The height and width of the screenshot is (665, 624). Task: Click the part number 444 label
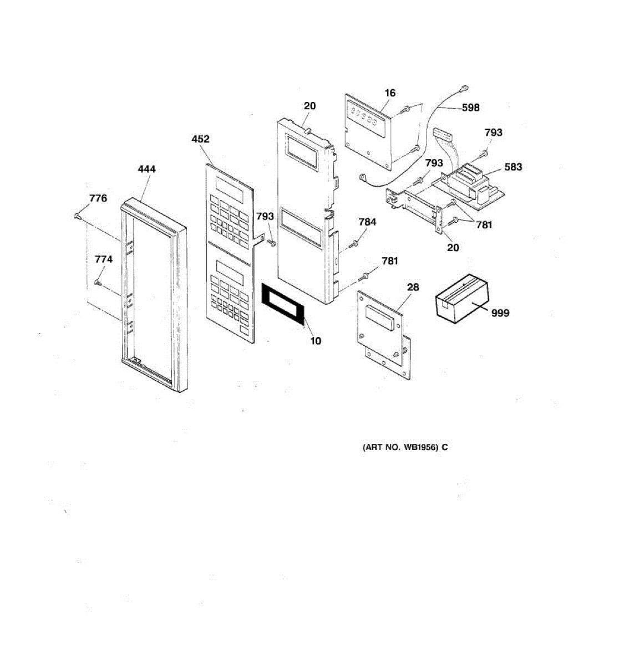[146, 169]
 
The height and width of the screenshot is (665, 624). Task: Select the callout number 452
[200, 139]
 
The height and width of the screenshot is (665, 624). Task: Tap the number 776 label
[98, 198]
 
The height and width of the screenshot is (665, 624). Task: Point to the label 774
[104, 259]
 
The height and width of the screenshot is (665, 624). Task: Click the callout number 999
[500, 313]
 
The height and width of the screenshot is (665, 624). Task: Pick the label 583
[513, 167]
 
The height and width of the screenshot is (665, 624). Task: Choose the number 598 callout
[470, 108]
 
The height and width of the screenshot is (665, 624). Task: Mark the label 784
[367, 222]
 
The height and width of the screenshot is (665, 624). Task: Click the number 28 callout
[413, 287]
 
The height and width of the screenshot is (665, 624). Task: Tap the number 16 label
[390, 93]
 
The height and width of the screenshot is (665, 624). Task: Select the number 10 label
[315, 341]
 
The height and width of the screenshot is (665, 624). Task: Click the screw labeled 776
[78, 216]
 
